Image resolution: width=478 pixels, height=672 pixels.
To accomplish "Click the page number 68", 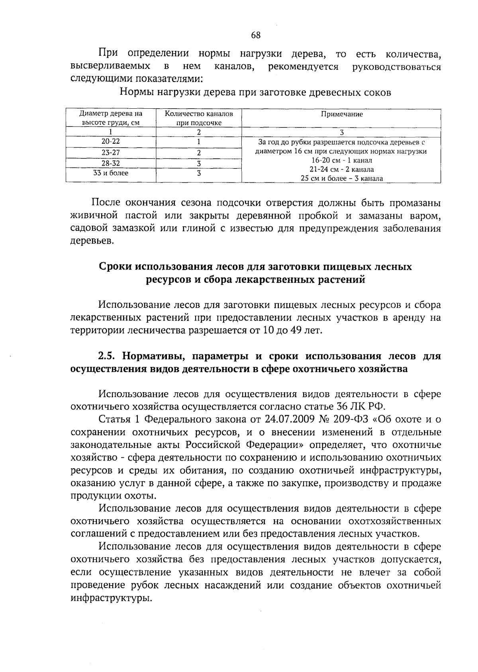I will (x=255, y=35).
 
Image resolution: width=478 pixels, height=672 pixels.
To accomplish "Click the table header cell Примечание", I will (x=342, y=114).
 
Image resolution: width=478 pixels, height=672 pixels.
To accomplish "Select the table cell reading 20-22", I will (x=111, y=142).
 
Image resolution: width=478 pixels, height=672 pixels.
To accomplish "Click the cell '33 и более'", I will (x=111, y=173).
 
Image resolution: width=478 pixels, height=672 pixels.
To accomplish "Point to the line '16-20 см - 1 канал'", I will (x=342, y=160).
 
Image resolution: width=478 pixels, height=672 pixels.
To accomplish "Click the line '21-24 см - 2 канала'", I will (x=342, y=170).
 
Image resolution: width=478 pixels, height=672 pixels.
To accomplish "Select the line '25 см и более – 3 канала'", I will (x=342, y=178).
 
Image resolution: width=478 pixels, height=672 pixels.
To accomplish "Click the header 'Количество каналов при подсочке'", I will (x=199, y=118).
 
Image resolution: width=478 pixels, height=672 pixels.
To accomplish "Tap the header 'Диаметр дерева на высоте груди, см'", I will (x=111, y=118).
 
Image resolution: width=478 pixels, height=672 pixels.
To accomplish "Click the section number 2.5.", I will (x=107, y=356).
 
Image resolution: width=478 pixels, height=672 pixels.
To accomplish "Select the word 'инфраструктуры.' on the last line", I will (x=111, y=598).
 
